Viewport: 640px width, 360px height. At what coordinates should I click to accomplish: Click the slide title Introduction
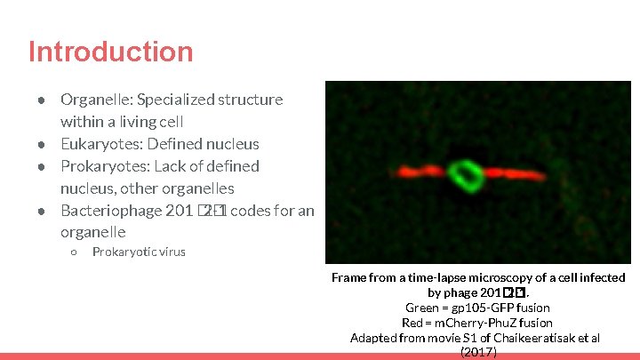coord(110,52)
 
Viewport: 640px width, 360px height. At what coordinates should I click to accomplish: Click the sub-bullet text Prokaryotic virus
coord(139,252)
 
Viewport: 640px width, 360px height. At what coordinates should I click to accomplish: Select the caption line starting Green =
coord(477,308)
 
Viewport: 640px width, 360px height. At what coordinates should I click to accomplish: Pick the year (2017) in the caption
coord(478,352)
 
